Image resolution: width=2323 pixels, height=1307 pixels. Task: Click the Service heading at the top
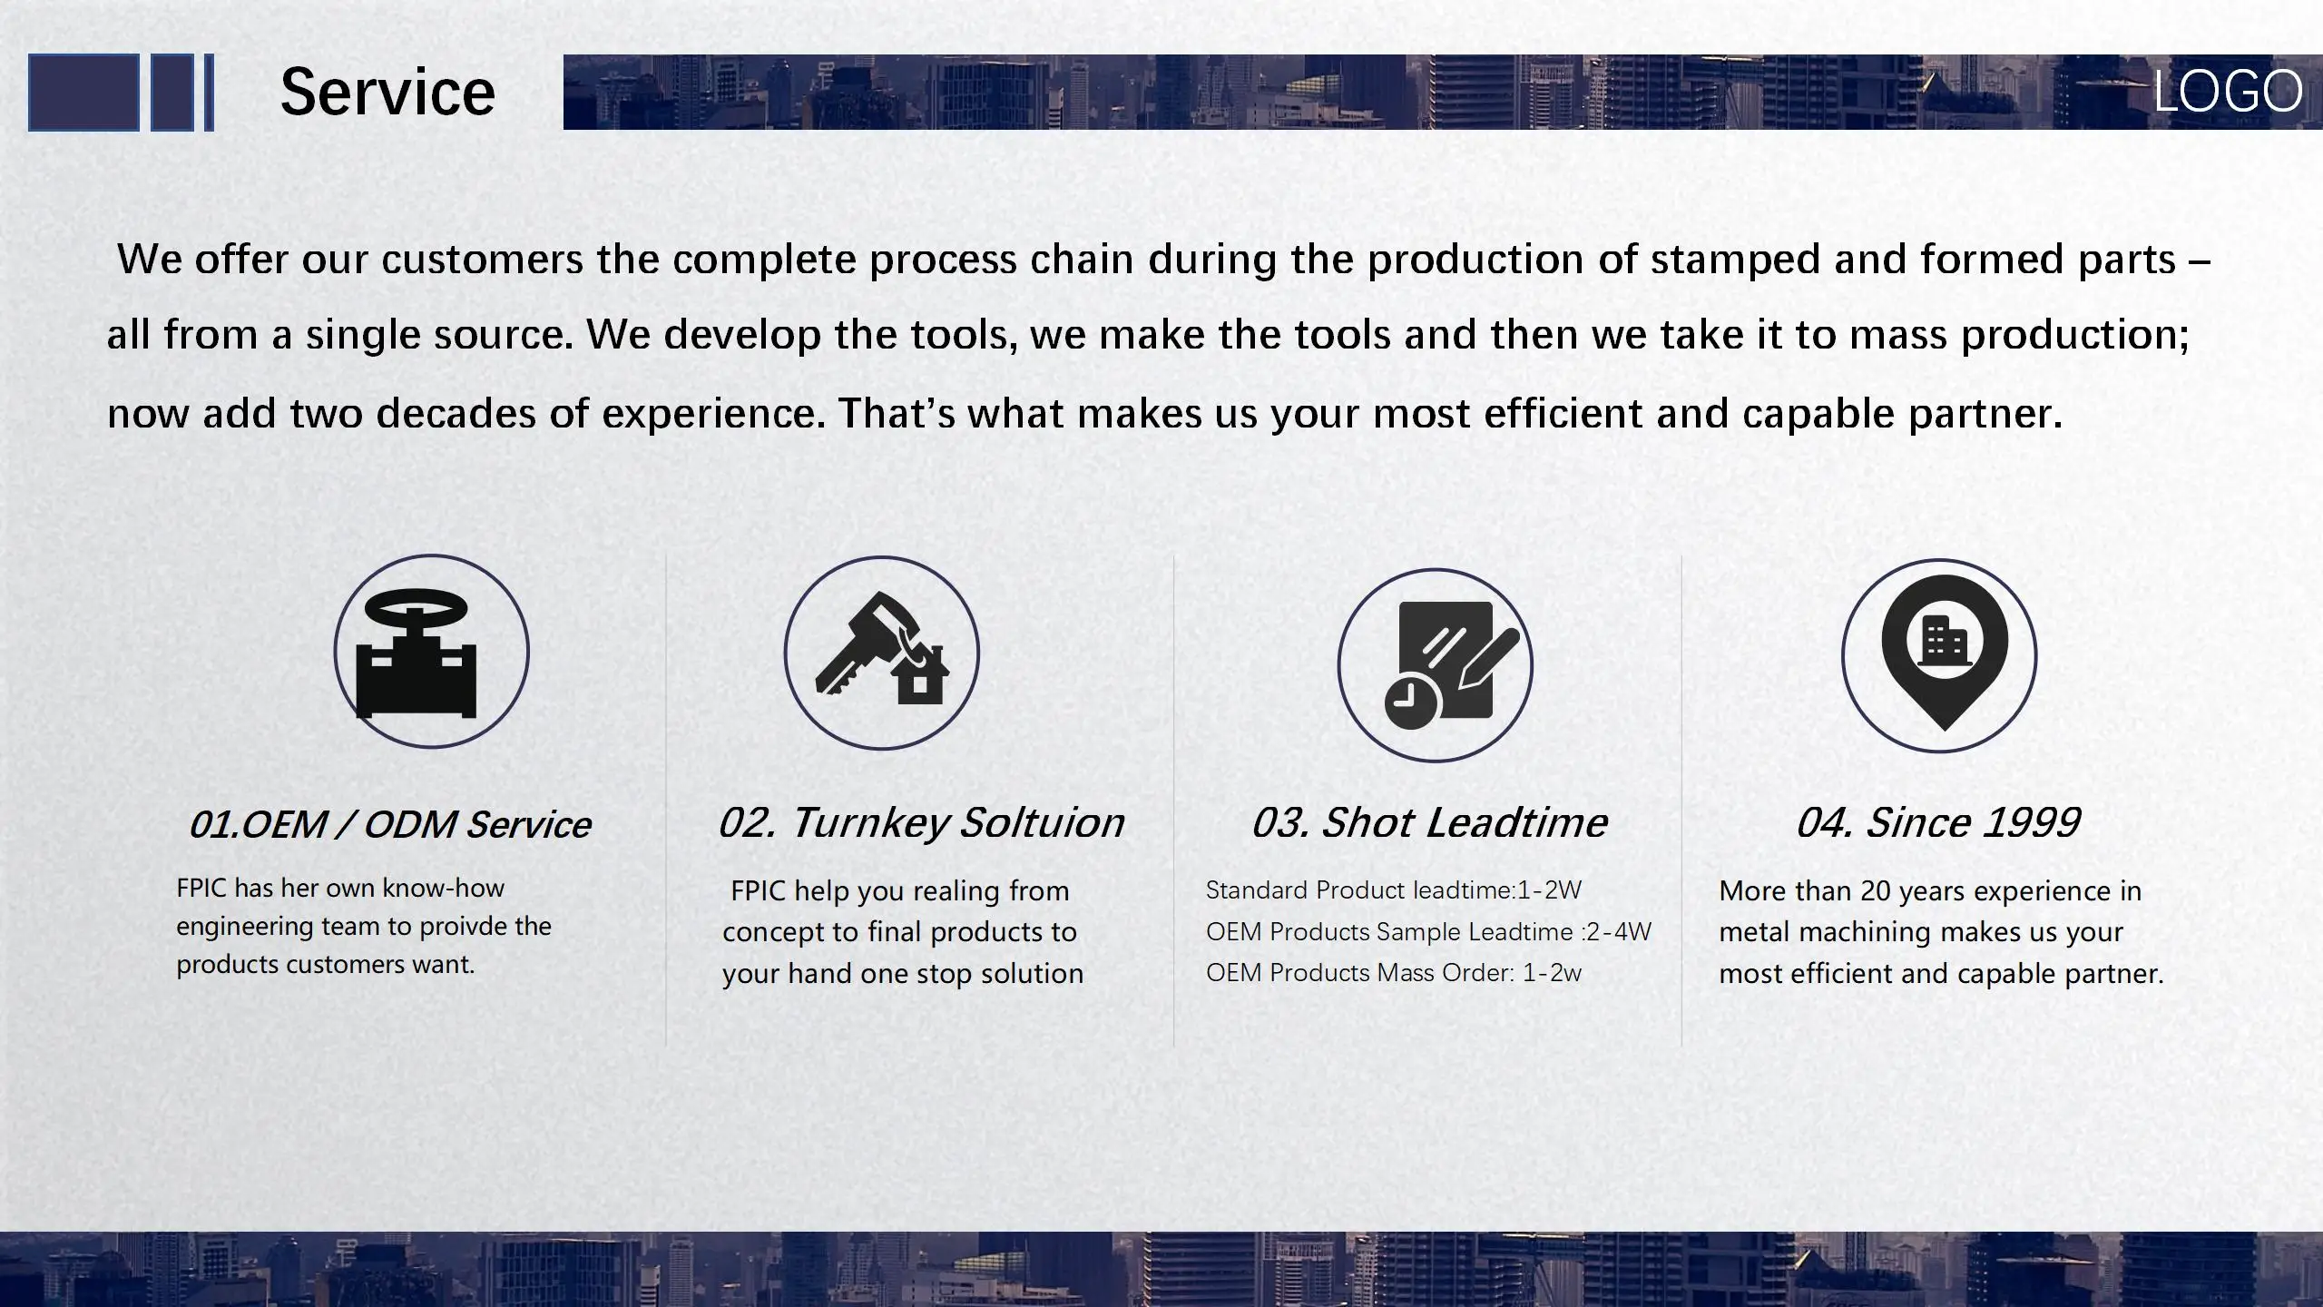point(387,93)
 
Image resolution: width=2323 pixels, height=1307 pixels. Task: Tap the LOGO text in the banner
point(2228,91)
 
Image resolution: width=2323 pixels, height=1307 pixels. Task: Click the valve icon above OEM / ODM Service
point(417,653)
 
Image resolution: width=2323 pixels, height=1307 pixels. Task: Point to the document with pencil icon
point(1451,664)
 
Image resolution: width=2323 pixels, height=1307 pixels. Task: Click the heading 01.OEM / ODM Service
point(390,825)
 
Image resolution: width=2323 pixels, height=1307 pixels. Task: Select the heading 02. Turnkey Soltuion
point(921,823)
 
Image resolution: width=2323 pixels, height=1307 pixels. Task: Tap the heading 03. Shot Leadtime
point(1429,823)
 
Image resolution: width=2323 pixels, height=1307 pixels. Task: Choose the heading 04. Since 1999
point(1938,823)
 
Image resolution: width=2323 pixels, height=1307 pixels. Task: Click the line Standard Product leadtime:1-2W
point(1394,890)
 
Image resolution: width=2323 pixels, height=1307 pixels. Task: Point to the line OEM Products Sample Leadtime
point(1428,932)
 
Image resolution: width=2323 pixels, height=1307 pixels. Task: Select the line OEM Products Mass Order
point(1394,973)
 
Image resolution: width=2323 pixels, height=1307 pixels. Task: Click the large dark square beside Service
point(83,93)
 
